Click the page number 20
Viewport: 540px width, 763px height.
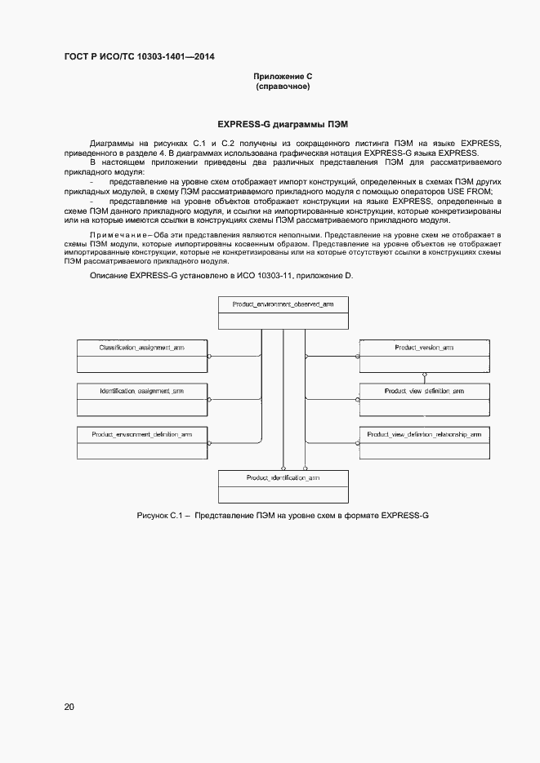click(x=69, y=707)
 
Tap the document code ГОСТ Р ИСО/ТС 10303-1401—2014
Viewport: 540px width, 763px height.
click(x=139, y=56)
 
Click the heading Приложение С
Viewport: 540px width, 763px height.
click(x=283, y=76)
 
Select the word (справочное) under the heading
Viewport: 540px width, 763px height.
click(x=283, y=87)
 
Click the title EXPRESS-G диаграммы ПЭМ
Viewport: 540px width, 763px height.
click(x=283, y=124)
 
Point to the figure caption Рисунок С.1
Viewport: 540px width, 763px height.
click(x=163, y=517)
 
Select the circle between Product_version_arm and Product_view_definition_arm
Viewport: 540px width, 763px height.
click(x=424, y=376)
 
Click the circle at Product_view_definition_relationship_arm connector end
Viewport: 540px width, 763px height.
click(x=357, y=443)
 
